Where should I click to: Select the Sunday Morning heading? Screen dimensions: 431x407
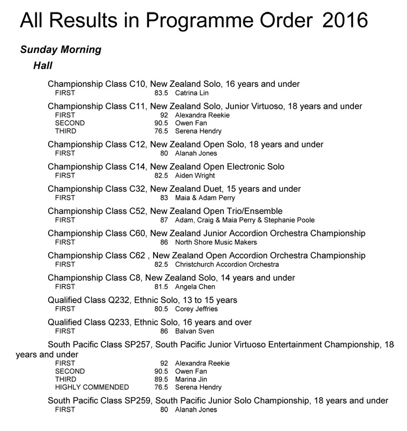pos(61,50)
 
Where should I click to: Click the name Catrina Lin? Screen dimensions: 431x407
pos(192,93)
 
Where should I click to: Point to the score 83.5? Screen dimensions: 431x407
pos(161,93)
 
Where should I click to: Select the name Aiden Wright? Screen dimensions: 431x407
pos(195,175)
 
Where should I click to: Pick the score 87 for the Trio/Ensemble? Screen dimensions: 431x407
pos(164,220)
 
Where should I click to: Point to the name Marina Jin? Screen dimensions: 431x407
pos(190,379)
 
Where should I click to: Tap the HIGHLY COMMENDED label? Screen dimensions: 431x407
pos(92,387)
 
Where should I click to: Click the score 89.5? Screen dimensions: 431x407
pos(161,379)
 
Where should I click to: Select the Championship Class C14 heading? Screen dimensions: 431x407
pos(166,167)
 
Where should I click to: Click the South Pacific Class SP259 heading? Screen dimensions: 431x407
pos(218,400)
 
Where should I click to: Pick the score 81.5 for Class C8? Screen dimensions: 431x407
pos(161,287)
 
